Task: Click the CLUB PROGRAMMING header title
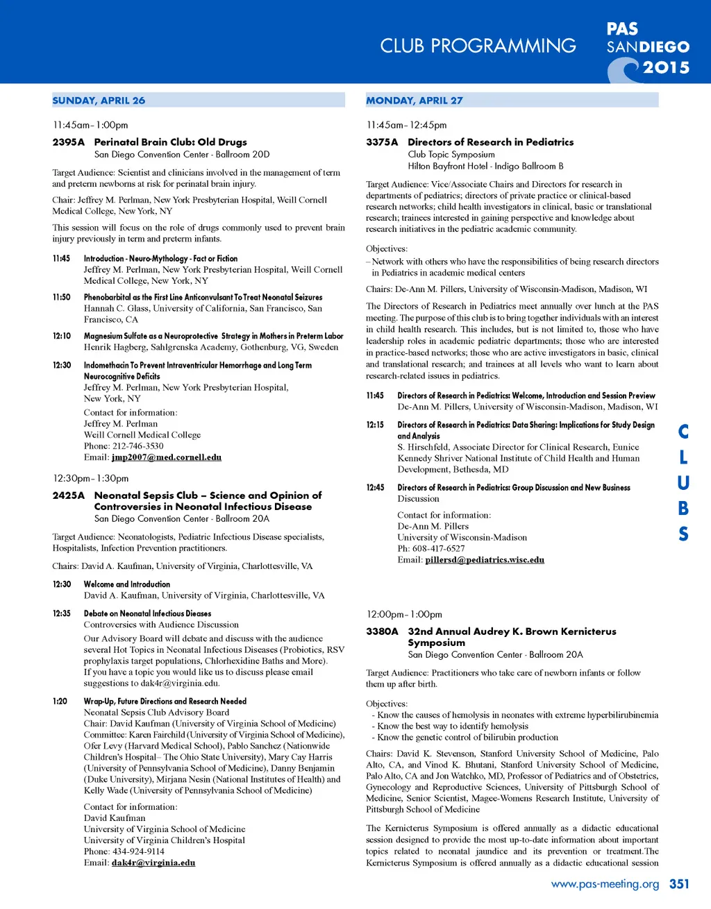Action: click(478, 46)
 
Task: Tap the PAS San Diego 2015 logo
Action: click(647, 49)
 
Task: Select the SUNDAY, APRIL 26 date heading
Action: click(99, 101)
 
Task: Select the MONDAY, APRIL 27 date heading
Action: click(415, 101)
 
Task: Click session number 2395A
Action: click(68, 142)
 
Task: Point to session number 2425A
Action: click(68, 495)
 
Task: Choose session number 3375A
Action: click(382, 142)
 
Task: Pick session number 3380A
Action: click(382, 631)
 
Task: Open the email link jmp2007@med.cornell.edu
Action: click(167, 457)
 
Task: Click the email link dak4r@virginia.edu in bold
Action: click(153, 863)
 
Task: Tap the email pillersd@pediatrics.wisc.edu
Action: click(485, 560)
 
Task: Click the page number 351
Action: click(679, 884)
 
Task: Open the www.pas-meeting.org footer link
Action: click(605, 884)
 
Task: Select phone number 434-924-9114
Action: click(139, 851)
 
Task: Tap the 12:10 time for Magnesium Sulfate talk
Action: click(62, 336)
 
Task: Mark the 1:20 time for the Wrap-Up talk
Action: click(60, 702)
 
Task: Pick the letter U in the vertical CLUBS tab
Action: click(683, 483)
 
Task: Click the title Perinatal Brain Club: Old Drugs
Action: click(171, 142)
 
